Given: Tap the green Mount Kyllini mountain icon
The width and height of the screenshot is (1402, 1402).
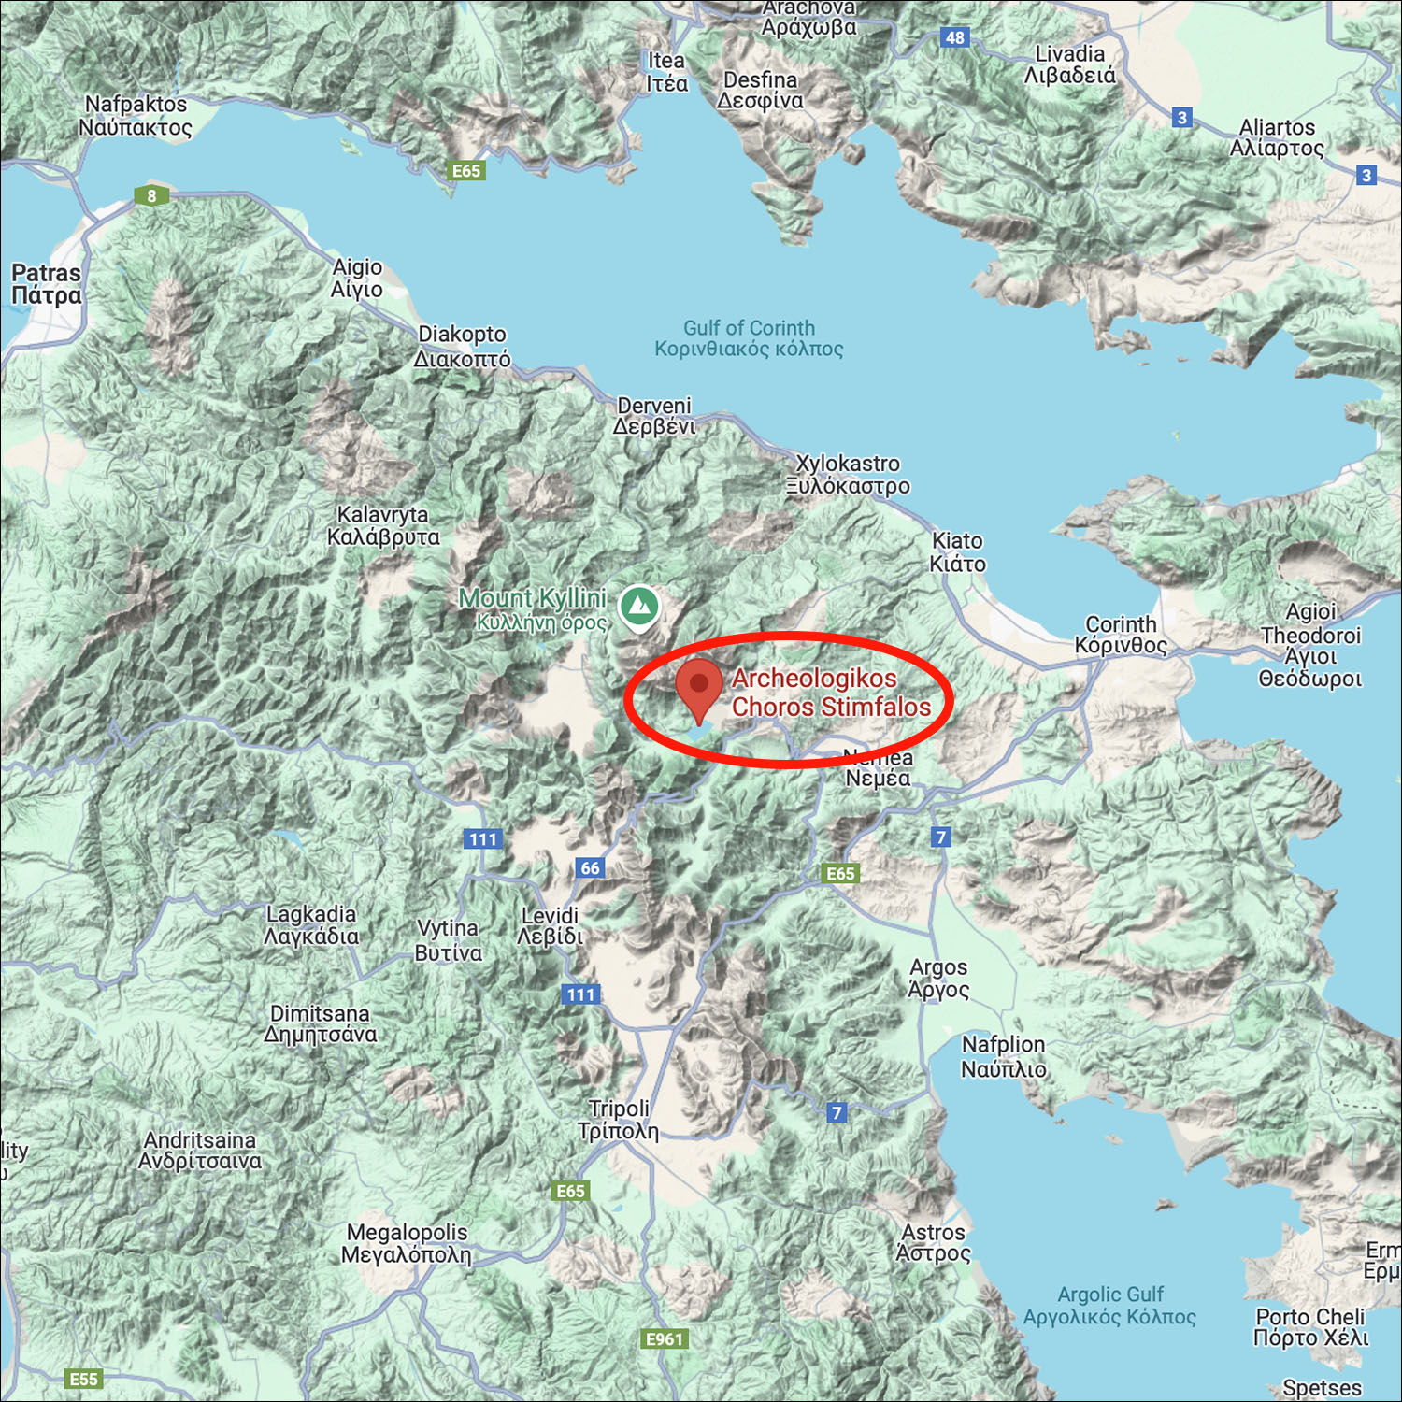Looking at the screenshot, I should (639, 607).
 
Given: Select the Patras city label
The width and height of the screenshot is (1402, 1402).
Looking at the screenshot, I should (46, 284).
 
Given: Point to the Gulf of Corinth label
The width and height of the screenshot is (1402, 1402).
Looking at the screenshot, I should (749, 338).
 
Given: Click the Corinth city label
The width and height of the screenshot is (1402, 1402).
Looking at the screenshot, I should (1121, 635).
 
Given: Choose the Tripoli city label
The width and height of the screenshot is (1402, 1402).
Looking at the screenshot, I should (618, 1120).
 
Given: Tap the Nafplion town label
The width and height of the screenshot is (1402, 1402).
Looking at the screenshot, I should (1004, 1056).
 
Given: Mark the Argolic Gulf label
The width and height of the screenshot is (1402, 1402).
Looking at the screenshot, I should (1109, 1306).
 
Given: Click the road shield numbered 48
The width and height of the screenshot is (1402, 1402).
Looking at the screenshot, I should (954, 38).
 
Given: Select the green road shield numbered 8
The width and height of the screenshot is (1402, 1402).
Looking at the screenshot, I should (151, 196).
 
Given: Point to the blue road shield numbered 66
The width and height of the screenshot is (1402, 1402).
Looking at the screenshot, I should (590, 868).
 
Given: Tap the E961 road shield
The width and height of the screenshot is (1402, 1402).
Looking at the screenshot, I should (665, 1339).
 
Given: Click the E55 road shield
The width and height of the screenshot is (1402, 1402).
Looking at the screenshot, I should (83, 1379).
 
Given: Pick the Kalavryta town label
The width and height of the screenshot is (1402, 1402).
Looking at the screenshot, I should (383, 525).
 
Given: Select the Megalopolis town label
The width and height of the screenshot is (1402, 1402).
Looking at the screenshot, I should (407, 1243).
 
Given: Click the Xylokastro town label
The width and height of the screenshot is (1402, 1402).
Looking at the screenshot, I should (848, 475).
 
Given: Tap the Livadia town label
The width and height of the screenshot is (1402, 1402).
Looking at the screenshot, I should (1070, 64).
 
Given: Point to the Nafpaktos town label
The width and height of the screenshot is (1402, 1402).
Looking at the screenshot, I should (136, 116).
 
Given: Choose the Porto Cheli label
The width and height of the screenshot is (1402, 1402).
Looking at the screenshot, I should (1310, 1327).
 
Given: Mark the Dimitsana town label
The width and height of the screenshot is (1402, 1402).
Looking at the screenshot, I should (321, 1023).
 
